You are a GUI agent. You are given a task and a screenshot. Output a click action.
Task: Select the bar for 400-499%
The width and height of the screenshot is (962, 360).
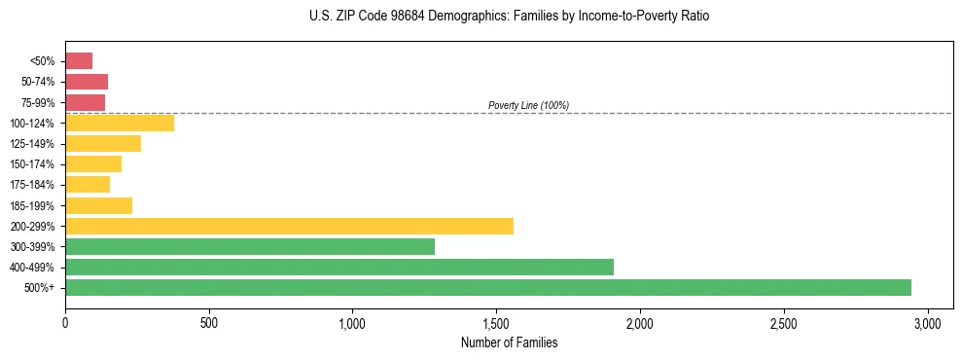point(339,267)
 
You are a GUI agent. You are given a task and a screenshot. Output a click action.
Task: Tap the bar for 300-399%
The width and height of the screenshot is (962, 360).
point(250,246)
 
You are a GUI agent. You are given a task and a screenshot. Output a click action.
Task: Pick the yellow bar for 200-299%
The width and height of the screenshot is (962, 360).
point(289,226)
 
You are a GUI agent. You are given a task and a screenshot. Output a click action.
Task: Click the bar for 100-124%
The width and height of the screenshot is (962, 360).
point(120,123)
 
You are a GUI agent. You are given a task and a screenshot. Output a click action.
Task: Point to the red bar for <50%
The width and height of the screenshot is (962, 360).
point(79,61)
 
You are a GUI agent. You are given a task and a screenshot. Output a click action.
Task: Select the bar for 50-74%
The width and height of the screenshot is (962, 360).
point(87,82)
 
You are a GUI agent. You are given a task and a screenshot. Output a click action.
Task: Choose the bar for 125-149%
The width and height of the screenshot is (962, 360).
point(103,143)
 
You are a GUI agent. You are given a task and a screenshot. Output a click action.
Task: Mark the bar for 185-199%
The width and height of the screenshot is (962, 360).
point(98,205)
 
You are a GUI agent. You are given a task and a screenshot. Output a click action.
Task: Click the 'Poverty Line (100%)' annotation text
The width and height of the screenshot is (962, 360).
point(528,105)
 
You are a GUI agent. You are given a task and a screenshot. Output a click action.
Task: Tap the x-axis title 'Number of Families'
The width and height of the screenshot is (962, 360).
point(509,342)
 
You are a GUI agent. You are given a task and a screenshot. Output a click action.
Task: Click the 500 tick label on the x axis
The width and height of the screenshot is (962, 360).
point(208,323)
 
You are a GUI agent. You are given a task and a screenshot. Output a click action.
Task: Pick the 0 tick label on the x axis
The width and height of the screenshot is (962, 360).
point(65,323)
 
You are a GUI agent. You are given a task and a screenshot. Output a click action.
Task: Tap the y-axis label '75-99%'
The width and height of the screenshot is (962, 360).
point(38,102)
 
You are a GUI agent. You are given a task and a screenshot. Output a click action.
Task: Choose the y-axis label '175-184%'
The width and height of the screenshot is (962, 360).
point(33,185)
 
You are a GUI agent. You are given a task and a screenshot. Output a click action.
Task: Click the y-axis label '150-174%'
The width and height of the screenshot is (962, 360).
point(33,164)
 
